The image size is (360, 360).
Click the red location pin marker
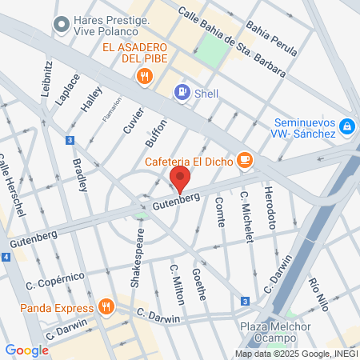[x=180, y=177]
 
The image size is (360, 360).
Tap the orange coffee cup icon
[x=245, y=161]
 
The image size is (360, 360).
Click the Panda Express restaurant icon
[x=106, y=307]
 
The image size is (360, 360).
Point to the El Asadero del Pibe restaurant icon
[x=145, y=77]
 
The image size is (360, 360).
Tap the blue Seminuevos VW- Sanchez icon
[x=346, y=126]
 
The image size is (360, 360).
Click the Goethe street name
[x=199, y=284]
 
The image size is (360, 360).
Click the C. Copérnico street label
[x=55, y=281]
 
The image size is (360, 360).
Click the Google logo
[x=26, y=350]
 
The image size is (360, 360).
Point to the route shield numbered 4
[x=6, y=258]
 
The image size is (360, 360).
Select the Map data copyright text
[x=296, y=354]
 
